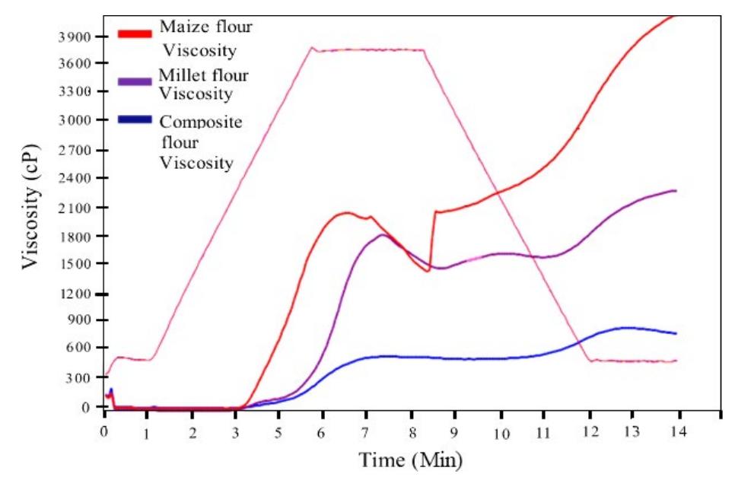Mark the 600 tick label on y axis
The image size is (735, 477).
tap(78, 348)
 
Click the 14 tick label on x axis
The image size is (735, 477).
tap(678, 431)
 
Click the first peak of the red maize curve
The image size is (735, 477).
tap(346, 212)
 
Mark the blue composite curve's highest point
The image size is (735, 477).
tap(625, 328)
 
